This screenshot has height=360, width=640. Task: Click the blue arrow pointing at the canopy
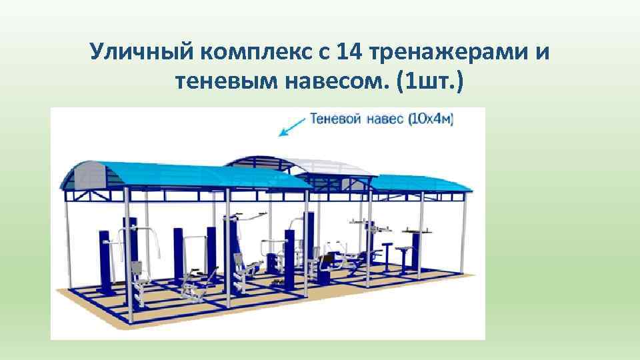pyautogui.click(x=291, y=127)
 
